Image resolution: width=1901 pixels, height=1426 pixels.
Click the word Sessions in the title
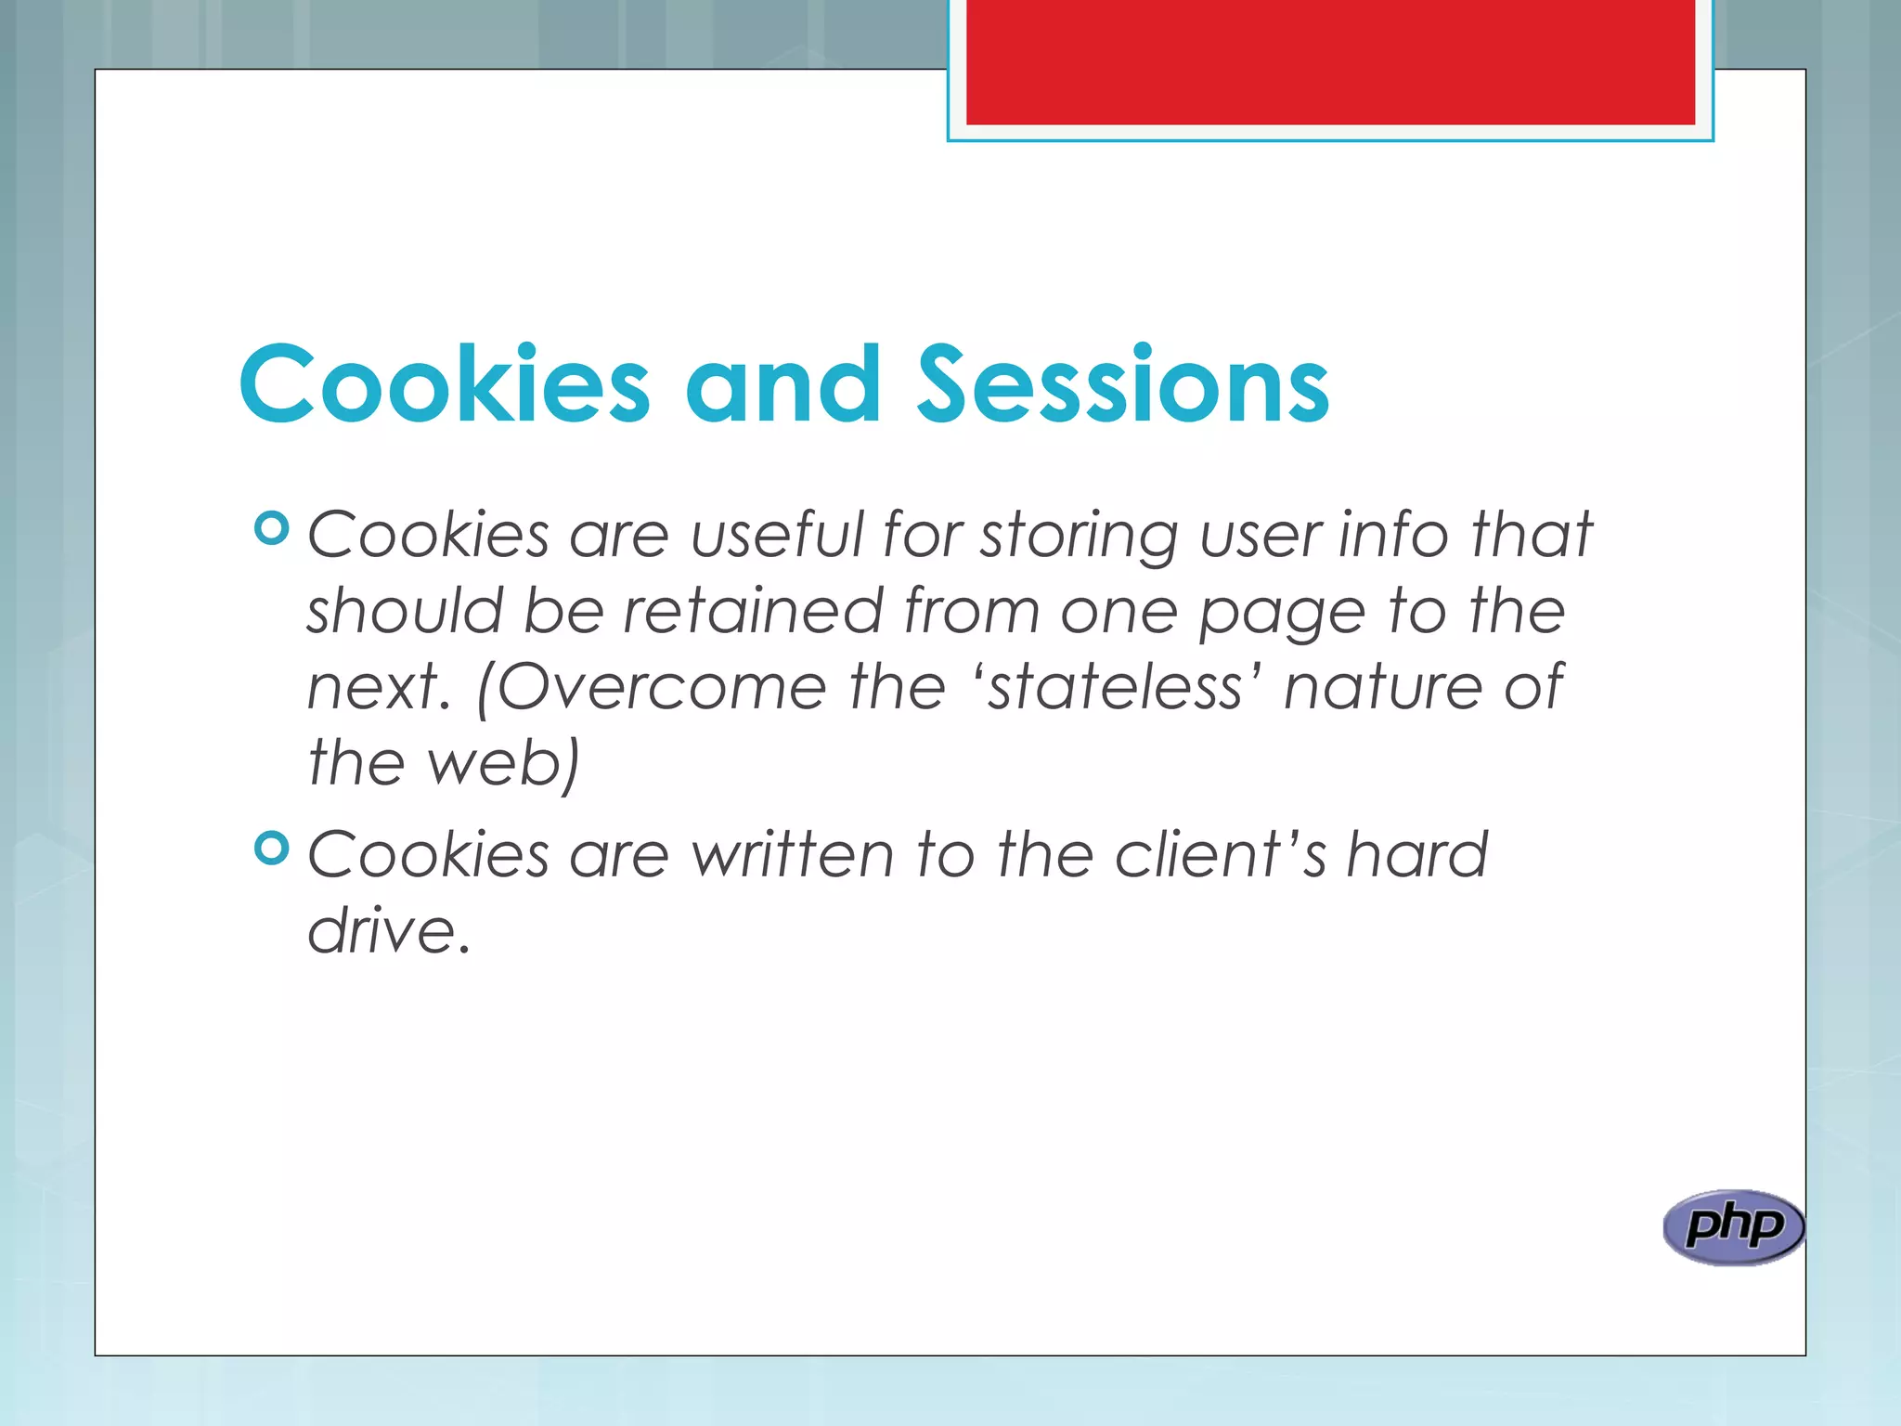pyautogui.click(x=1123, y=384)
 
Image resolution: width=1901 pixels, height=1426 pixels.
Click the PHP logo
pyautogui.click(x=1733, y=1227)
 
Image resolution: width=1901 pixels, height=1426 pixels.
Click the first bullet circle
pyautogui.click(x=271, y=529)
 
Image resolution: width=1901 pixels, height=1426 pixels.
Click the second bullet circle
pyautogui.click(x=271, y=848)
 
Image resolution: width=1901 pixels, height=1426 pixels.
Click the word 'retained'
pyautogui.click(x=753, y=612)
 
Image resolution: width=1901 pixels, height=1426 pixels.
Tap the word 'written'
pyautogui.click(x=794, y=855)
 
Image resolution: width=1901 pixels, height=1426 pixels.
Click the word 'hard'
pyautogui.click(x=1417, y=855)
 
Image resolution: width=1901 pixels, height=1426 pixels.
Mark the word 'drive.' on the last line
pyautogui.click(x=389, y=931)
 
